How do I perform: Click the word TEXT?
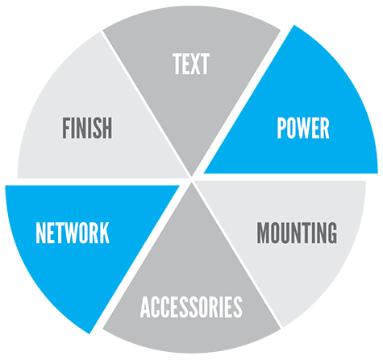coord(191,64)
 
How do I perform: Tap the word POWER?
coord(303,128)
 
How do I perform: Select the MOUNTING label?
coord(297,233)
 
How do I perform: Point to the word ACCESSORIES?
coord(191,307)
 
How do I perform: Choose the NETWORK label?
coord(73,233)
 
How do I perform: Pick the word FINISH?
coord(87,128)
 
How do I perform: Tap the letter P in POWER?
coord(281,128)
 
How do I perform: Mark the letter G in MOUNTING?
coord(332,233)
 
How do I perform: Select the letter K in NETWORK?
coord(105,233)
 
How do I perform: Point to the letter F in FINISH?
coord(66,128)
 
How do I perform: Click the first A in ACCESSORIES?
coord(145,307)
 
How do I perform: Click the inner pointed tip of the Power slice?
coord(204,173)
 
